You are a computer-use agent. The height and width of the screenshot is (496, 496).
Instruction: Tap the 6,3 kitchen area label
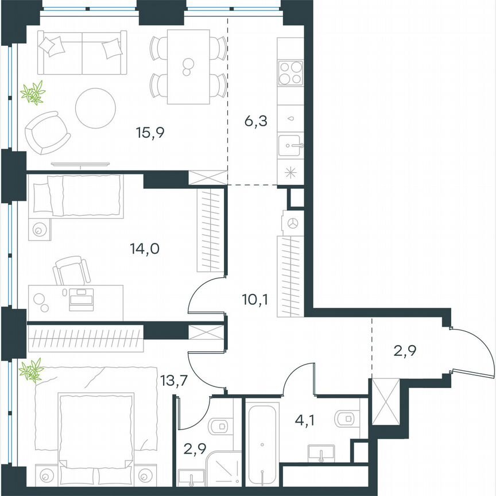click(255, 122)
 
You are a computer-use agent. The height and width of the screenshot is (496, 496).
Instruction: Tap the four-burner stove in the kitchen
click(290, 73)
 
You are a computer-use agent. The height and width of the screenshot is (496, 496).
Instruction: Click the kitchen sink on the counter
click(291, 145)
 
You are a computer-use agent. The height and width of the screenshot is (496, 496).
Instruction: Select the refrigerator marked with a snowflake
click(290, 172)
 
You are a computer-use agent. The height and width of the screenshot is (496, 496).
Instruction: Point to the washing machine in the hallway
click(291, 223)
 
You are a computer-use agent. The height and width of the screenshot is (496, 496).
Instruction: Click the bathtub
click(262, 442)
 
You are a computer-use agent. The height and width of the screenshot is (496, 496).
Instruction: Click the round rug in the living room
click(96, 108)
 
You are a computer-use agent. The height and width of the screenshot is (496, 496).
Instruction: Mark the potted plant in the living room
click(33, 93)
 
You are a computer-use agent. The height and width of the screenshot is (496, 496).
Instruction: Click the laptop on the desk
click(81, 299)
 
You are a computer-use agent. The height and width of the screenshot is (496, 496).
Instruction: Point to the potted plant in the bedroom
click(32, 370)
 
